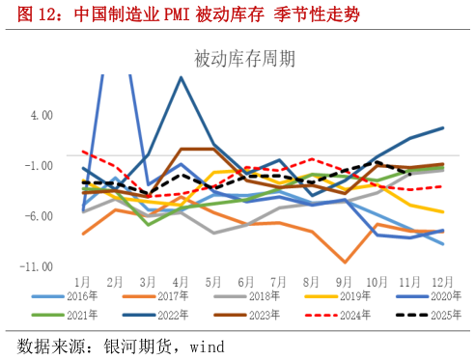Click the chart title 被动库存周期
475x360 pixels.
point(244,60)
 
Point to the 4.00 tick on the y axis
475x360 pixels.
point(41,115)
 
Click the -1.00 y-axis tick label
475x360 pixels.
point(40,165)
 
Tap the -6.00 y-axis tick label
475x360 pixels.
point(40,216)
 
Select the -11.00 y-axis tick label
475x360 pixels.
point(38,266)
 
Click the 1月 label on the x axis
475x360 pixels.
point(83,280)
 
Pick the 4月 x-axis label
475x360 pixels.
point(181,280)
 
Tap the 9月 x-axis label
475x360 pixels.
point(344,280)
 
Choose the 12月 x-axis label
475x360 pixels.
point(441,280)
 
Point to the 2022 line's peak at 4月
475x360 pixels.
point(181,77)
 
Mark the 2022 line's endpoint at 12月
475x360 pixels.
point(442,127)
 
